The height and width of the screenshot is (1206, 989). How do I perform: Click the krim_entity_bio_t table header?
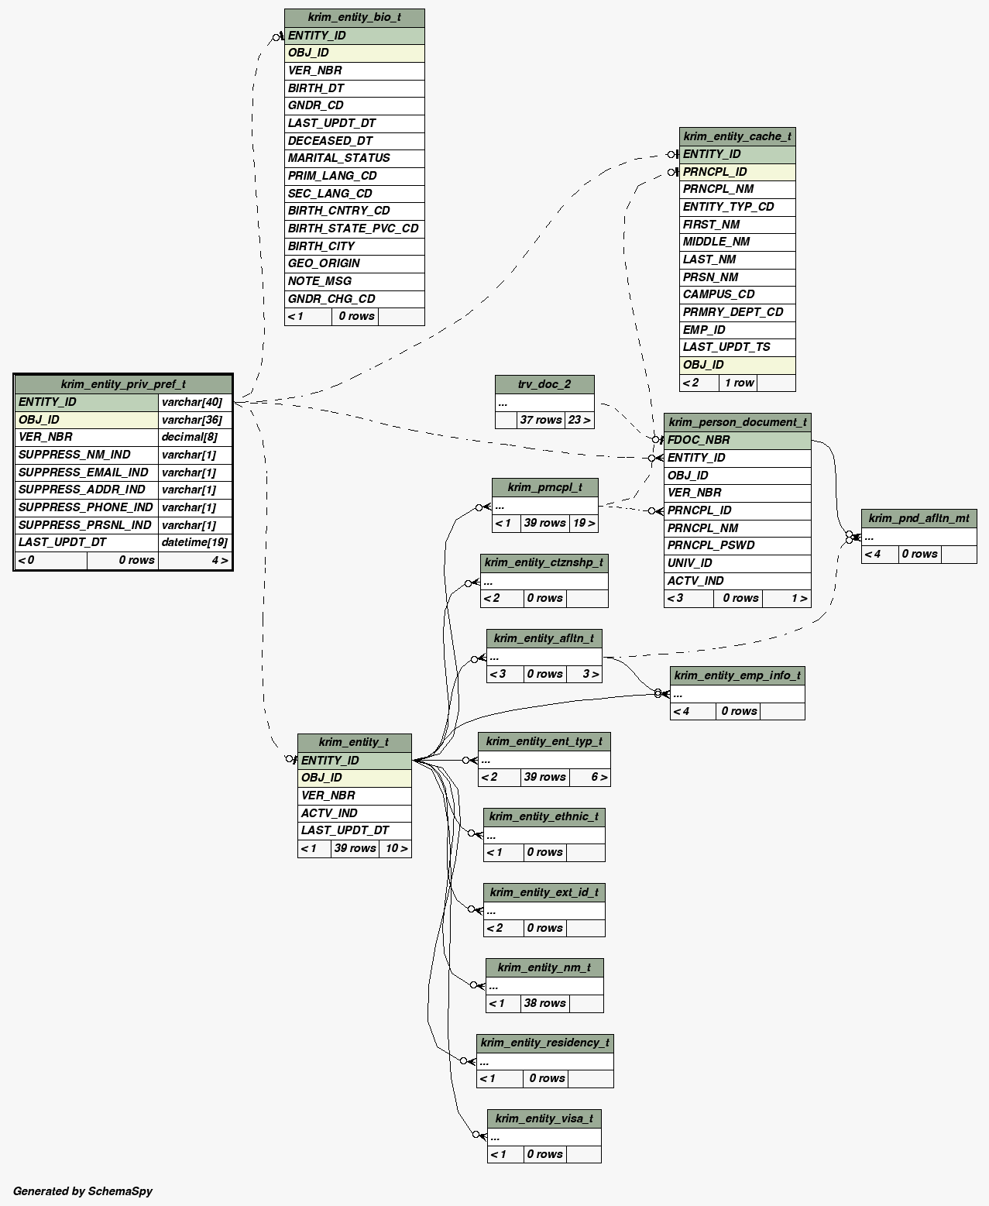pyautogui.click(x=354, y=17)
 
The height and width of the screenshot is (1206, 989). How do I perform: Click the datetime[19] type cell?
pyautogui.click(x=194, y=542)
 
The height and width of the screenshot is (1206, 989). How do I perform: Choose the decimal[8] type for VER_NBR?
pyautogui.click(x=194, y=437)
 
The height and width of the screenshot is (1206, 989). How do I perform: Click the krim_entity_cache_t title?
pyautogui.click(x=737, y=136)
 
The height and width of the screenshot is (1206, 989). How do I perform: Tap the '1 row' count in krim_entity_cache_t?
pyautogui.click(x=739, y=383)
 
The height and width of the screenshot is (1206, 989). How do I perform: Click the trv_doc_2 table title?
pyautogui.click(x=544, y=384)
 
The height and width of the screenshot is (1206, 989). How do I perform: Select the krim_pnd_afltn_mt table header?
pyautogui.click(x=919, y=518)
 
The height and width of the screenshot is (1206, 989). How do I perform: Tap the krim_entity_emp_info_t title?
pyautogui.click(x=737, y=675)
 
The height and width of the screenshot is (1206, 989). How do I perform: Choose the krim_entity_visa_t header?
pyautogui.click(x=544, y=1118)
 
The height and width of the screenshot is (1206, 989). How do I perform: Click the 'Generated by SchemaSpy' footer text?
pyautogui.click(x=83, y=1191)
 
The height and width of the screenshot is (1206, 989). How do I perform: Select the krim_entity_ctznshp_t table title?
pyautogui.click(x=544, y=562)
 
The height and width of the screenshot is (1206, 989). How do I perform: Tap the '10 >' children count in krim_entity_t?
pyautogui.click(x=396, y=848)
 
